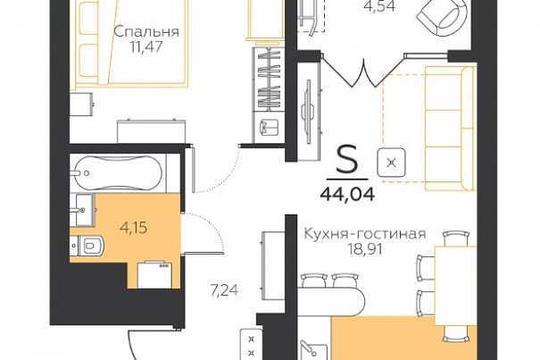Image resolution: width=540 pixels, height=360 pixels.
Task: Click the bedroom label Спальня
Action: click(x=146, y=32)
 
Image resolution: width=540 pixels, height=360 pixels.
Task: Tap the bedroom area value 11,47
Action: click(x=146, y=46)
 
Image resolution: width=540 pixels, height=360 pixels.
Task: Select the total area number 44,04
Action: click(x=347, y=195)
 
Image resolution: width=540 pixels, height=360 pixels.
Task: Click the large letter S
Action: click(x=347, y=162)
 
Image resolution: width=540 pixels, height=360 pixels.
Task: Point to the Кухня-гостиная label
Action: click(x=365, y=234)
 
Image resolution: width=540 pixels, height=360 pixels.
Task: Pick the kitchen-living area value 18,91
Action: click(x=365, y=249)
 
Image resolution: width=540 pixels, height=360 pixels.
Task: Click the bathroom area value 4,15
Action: click(x=133, y=228)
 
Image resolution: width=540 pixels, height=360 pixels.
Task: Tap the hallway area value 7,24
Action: click(x=224, y=290)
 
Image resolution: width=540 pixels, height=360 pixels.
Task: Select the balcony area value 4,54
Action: click(x=380, y=6)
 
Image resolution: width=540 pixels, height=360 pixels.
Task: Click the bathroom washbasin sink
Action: click(x=82, y=209)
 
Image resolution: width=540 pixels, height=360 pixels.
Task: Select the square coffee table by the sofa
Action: click(x=391, y=163)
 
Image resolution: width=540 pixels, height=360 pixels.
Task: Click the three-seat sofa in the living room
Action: click(x=450, y=129)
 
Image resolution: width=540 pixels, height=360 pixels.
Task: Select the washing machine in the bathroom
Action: click(x=154, y=275)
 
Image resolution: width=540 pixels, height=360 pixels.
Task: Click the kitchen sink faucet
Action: click(x=308, y=347)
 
